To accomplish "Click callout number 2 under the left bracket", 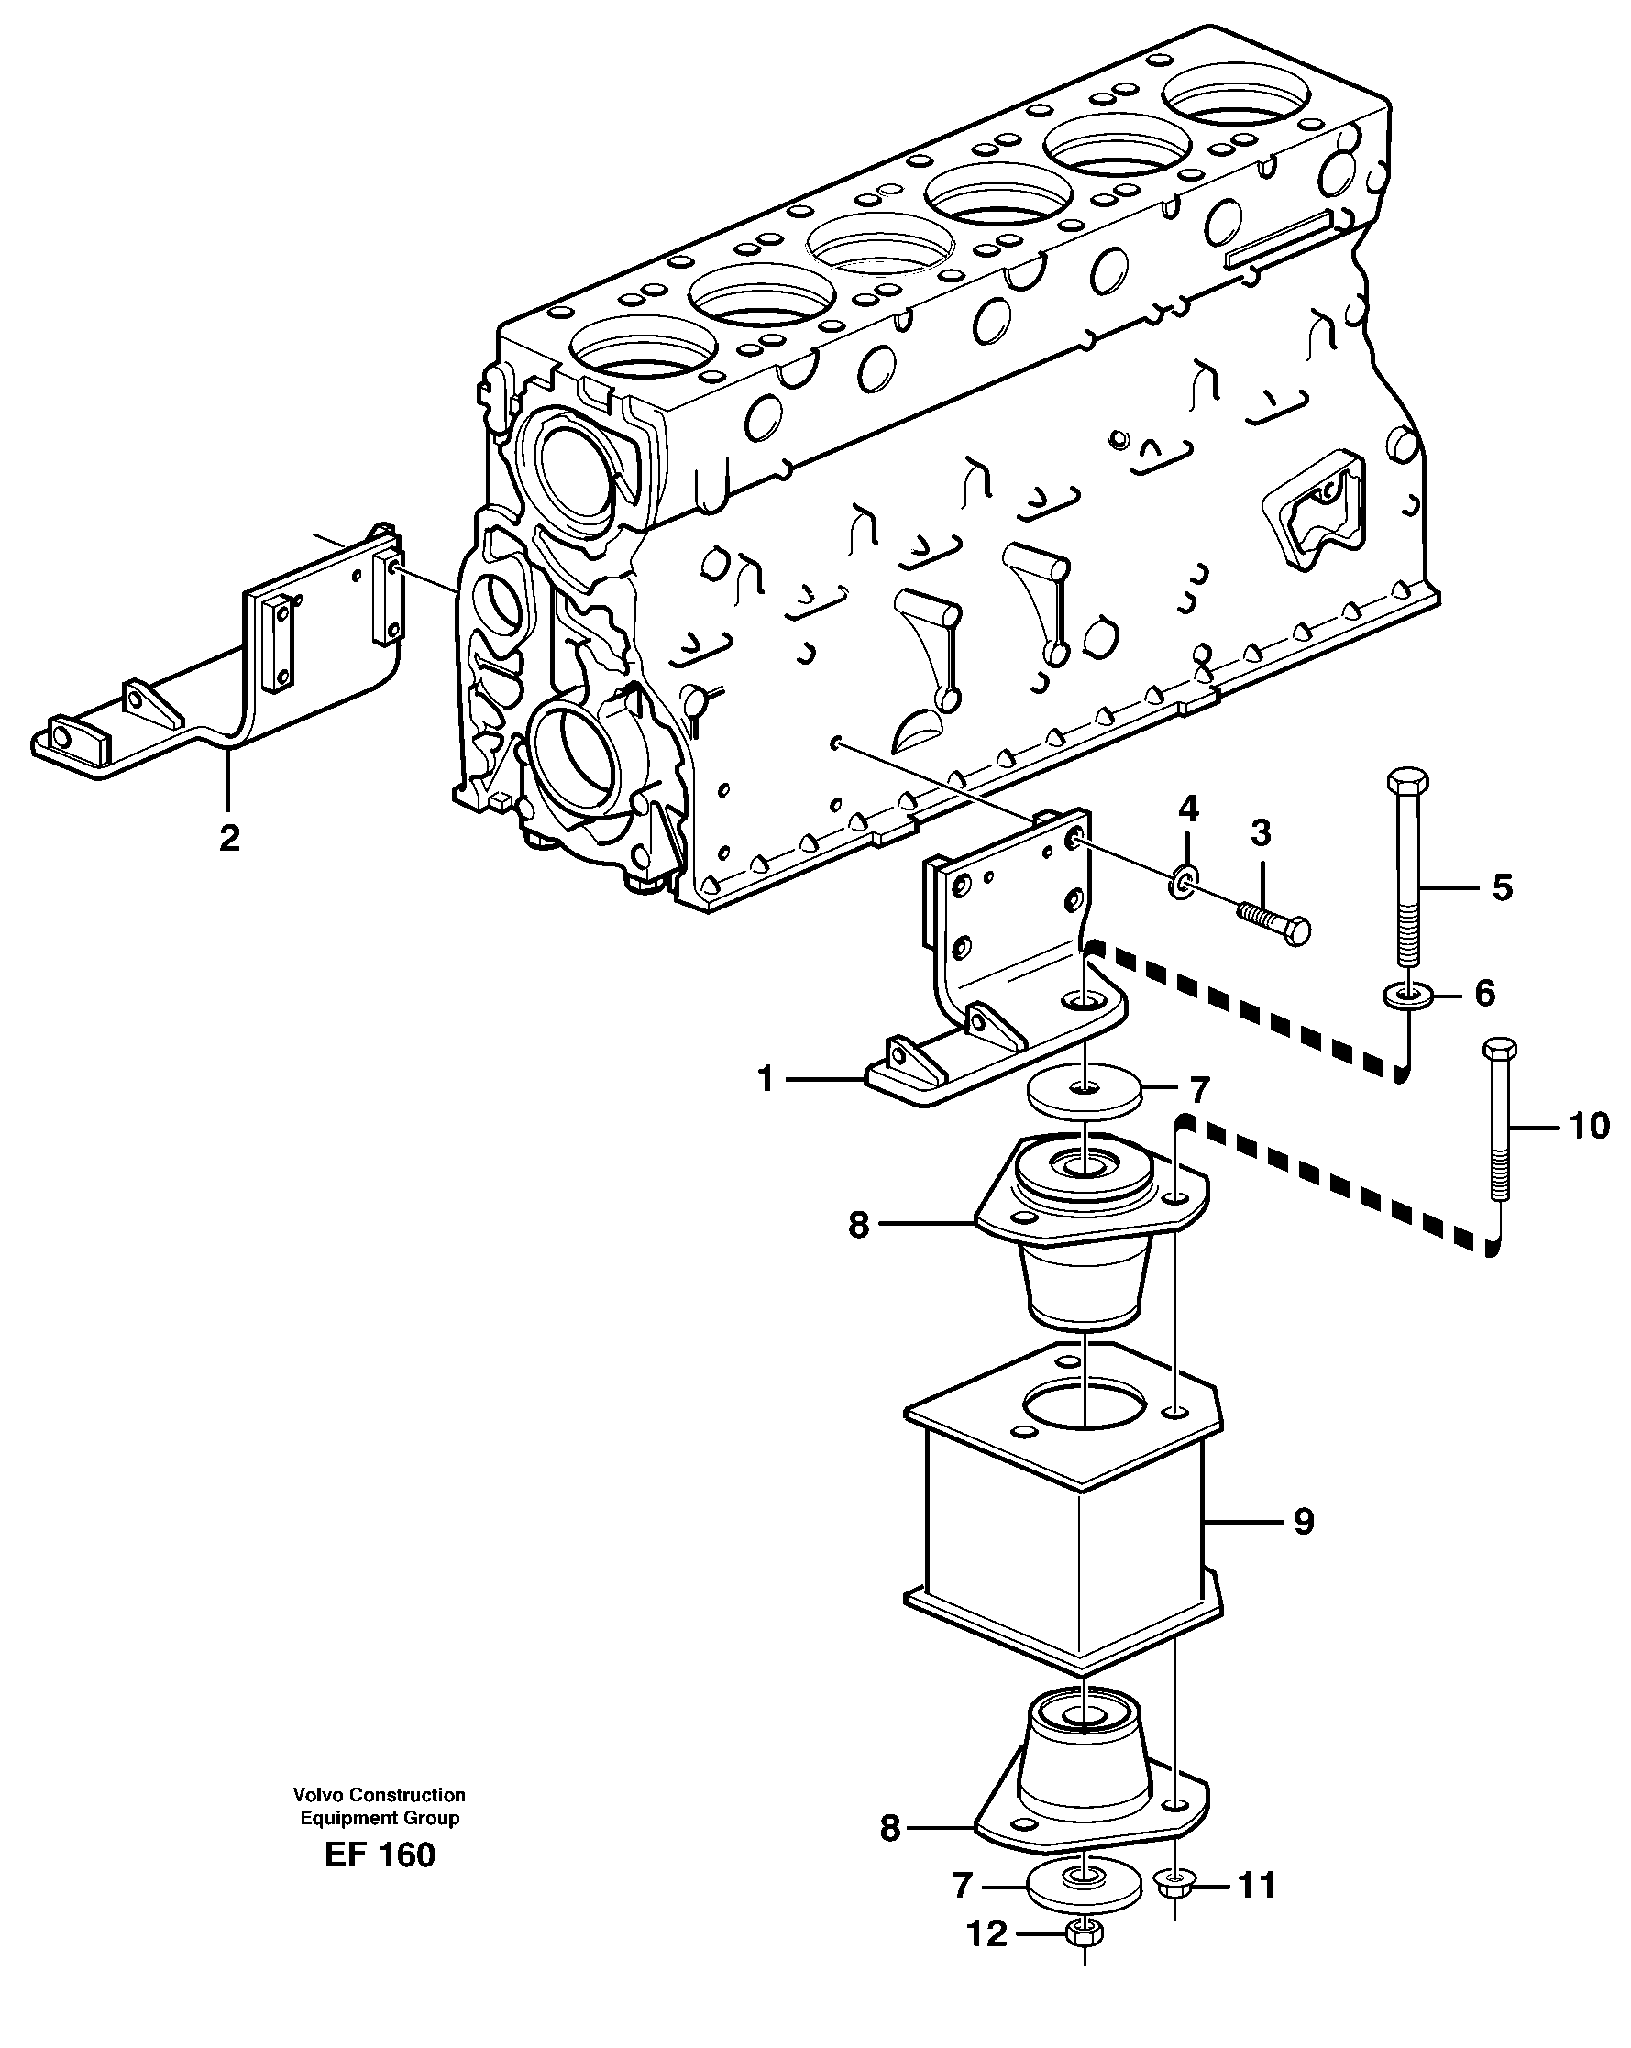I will (x=229, y=838).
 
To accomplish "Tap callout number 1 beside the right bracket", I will (x=766, y=1080).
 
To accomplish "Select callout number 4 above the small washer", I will (x=1188, y=809).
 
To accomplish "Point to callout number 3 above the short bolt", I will (x=1260, y=833).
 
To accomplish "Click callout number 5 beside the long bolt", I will (x=1502, y=887).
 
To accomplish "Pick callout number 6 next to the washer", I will (x=1484, y=994).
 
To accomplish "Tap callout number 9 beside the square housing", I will (x=1304, y=1522).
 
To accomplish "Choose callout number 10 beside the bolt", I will (x=1589, y=1127).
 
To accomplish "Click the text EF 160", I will (x=379, y=1855).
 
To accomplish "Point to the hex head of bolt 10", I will (x=1499, y=1050).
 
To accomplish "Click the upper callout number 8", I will (x=858, y=1226).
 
